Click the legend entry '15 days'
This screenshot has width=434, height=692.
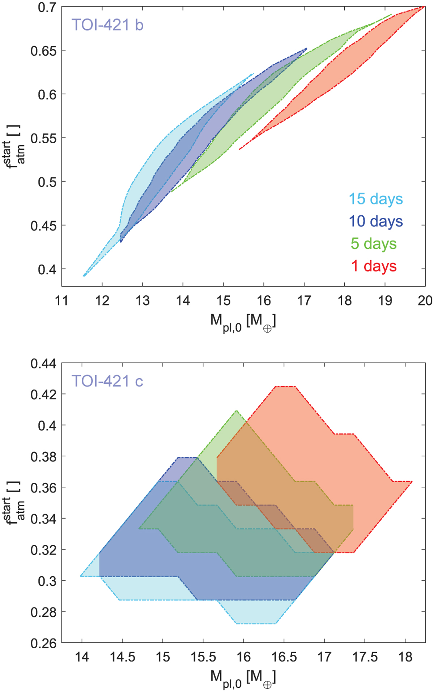[375, 199]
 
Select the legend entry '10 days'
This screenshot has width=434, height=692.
[375, 221]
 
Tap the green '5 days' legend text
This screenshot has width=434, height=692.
[374, 244]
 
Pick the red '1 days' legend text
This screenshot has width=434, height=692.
[374, 266]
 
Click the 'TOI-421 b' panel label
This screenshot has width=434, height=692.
[107, 25]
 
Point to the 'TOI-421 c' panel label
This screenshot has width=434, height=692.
[107, 381]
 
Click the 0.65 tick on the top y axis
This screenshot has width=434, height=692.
[43, 51]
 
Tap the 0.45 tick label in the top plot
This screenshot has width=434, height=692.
[43, 226]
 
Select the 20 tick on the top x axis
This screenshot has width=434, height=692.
[425, 300]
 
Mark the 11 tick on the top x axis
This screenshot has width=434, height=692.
[62, 300]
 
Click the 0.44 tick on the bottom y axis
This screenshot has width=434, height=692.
[43, 364]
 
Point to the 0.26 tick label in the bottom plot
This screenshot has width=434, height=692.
[43, 644]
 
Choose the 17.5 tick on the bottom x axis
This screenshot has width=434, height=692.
[365, 657]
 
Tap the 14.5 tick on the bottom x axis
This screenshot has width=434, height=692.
[123, 657]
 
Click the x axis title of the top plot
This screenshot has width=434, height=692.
[243, 322]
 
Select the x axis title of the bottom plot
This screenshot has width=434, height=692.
[243, 678]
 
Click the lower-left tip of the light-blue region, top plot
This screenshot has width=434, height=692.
[84, 276]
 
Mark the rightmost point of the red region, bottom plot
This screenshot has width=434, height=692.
[412, 482]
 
